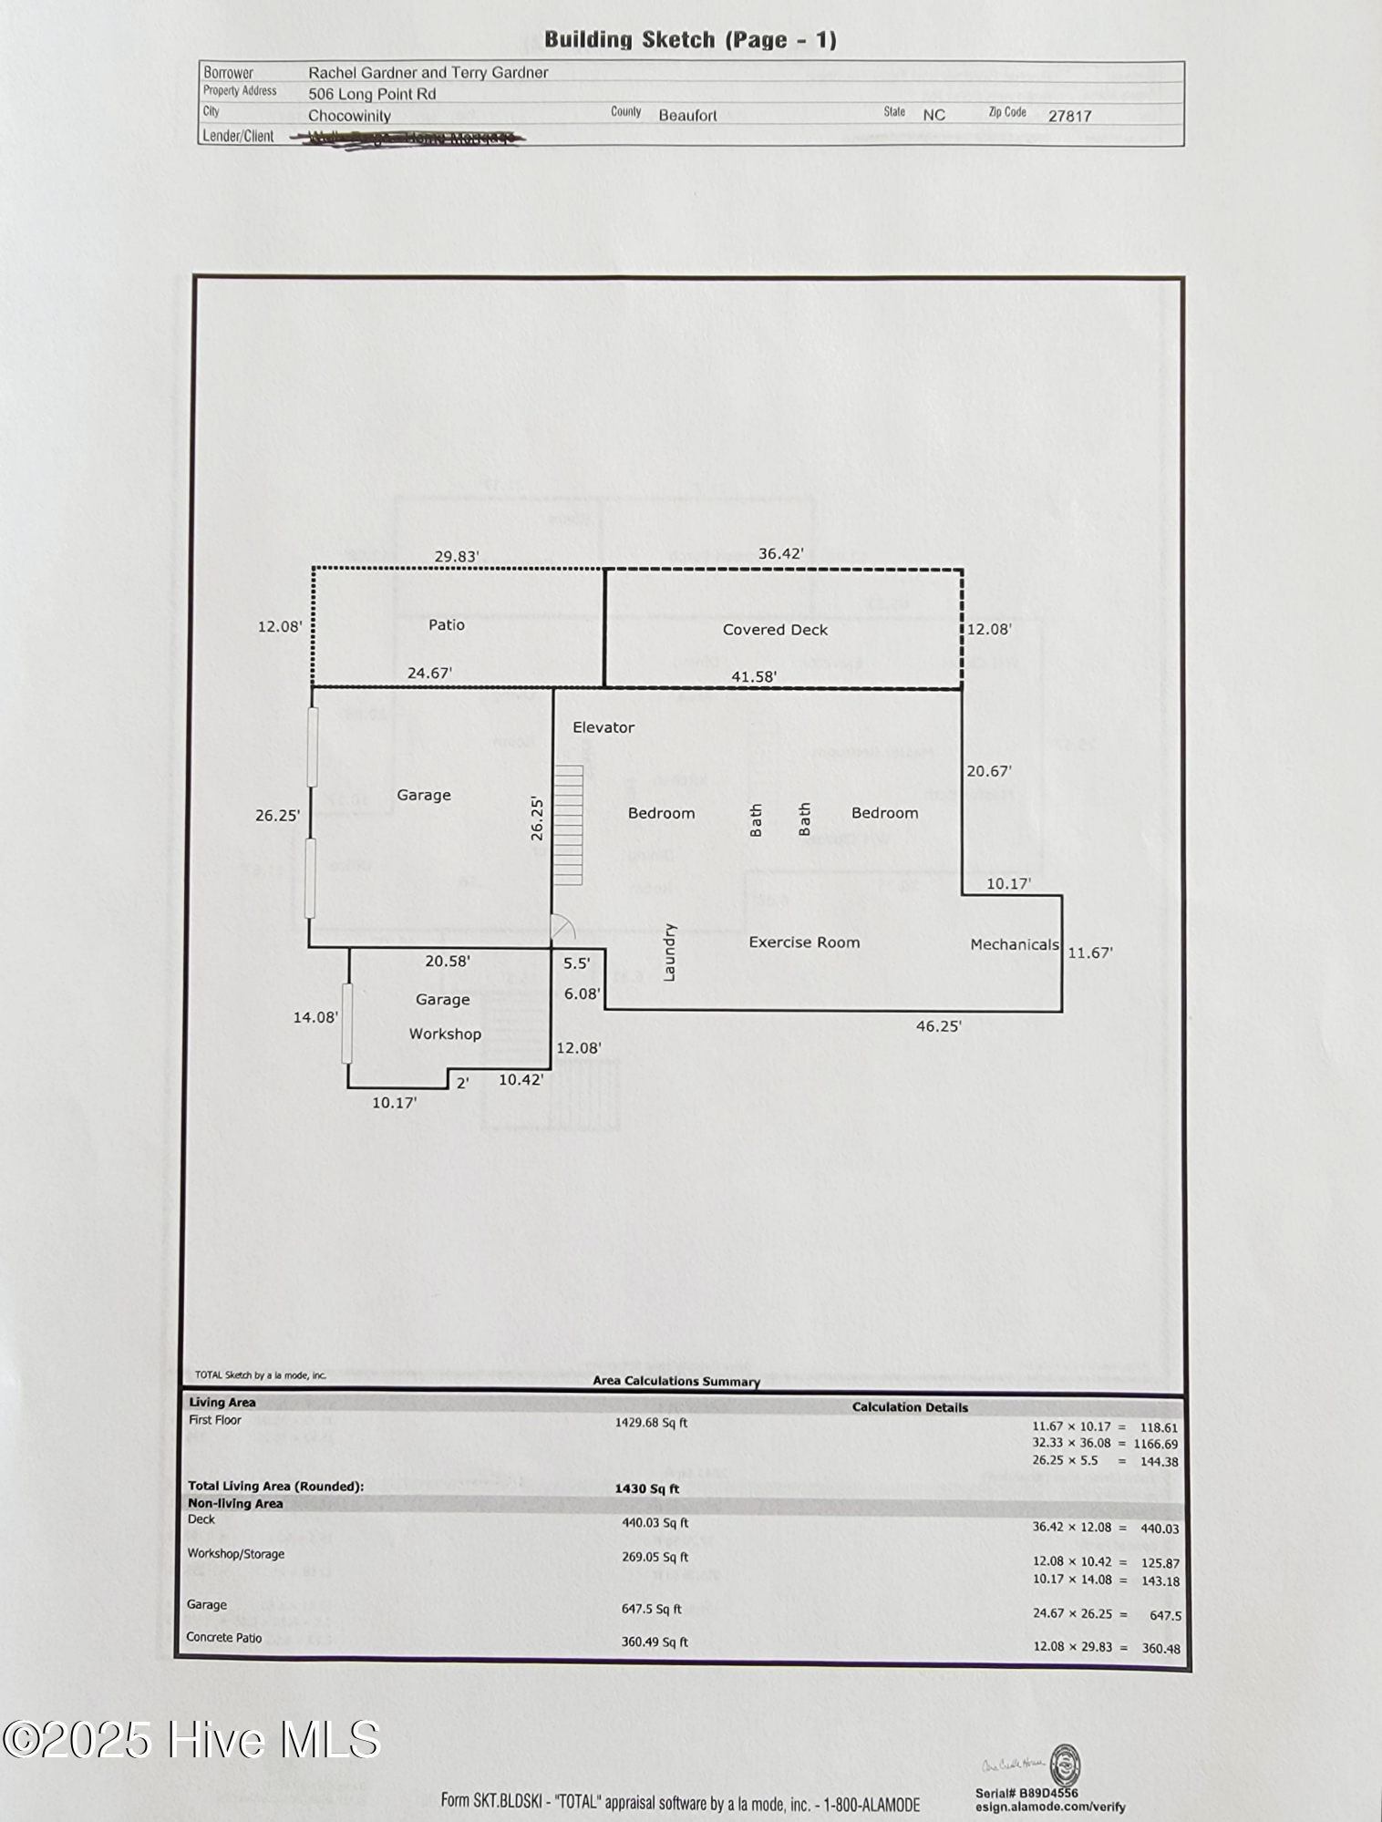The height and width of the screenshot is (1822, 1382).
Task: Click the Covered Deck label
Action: (775, 630)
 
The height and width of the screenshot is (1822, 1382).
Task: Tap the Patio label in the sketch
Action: (447, 625)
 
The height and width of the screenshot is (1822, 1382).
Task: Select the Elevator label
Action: (603, 727)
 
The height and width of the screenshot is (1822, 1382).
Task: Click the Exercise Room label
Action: (804, 942)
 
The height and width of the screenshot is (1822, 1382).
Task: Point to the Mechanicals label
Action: (1014, 944)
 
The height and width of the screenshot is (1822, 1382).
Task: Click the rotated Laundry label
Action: (669, 952)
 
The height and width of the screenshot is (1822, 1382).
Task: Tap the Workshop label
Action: (445, 1034)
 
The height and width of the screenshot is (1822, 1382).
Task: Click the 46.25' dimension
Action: (938, 1026)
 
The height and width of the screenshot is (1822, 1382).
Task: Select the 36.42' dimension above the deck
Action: (780, 554)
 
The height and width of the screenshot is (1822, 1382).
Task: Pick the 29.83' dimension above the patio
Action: (456, 556)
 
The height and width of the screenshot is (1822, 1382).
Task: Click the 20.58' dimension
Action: (448, 962)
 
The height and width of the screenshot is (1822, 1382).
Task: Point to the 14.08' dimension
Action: (315, 1017)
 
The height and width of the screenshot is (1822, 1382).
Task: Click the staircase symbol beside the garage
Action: (568, 825)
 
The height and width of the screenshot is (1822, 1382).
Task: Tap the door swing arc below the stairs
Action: (563, 928)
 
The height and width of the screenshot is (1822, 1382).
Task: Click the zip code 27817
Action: (1069, 116)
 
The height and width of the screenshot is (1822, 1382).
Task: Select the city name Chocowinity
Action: (349, 116)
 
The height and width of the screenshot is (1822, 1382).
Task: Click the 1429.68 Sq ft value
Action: (651, 1423)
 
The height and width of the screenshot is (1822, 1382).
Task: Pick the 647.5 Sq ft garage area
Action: (651, 1610)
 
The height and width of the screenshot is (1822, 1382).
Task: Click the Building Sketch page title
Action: (690, 39)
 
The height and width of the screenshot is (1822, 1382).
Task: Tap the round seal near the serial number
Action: (1065, 1765)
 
